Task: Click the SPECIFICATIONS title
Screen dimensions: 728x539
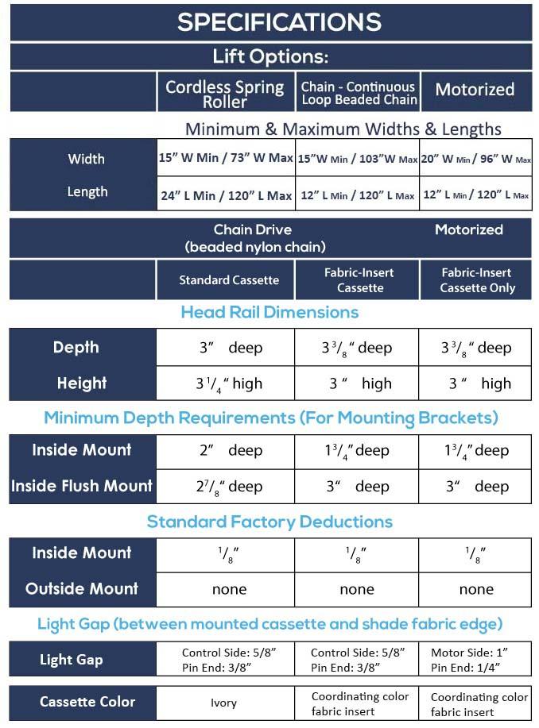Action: click(279, 22)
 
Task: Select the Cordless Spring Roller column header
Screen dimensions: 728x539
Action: click(224, 94)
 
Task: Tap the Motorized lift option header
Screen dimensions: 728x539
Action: click(475, 91)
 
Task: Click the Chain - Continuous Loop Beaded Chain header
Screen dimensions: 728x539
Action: click(359, 93)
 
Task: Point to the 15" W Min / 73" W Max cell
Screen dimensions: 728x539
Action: click(226, 157)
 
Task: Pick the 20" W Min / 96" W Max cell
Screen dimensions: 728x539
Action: click(475, 159)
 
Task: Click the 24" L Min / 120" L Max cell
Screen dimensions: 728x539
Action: click(226, 195)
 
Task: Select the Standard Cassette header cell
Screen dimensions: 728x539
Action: click(229, 279)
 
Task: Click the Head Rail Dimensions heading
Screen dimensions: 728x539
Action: click(269, 312)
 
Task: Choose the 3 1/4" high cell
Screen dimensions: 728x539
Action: click(229, 383)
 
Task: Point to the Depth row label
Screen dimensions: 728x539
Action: click(76, 347)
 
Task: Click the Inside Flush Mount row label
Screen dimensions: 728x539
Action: click(82, 485)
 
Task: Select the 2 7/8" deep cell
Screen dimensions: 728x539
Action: click(229, 486)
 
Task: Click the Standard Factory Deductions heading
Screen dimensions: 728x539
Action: click(269, 522)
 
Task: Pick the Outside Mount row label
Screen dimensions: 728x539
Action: click(82, 588)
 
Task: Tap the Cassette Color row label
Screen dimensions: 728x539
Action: click(87, 702)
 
